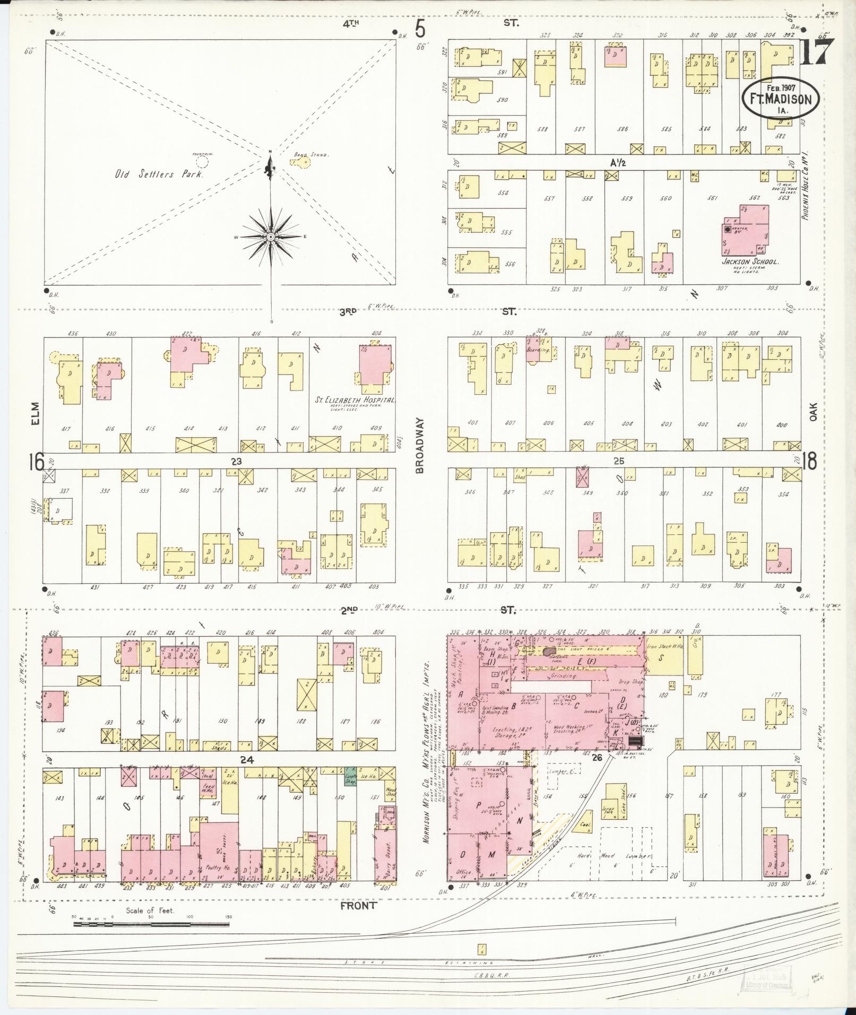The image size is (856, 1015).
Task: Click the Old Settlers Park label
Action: (x=158, y=174)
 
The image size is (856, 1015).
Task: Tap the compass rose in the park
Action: (x=271, y=237)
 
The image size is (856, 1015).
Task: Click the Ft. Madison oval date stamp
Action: (x=780, y=99)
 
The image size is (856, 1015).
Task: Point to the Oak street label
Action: (x=813, y=411)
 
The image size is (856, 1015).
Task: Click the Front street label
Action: (x=358, y=906)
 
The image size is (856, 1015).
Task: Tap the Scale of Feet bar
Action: (x=151, y=924)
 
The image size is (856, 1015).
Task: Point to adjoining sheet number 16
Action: (x=37, y=463)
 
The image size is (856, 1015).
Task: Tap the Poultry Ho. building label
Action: (x=215, y=869)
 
